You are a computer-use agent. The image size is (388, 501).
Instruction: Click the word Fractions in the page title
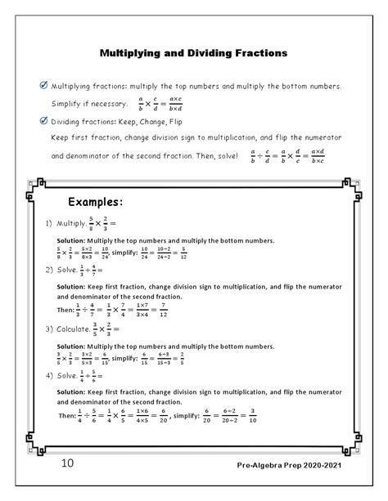pos(256,53)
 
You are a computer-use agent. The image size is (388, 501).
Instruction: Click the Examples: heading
pos(96,201)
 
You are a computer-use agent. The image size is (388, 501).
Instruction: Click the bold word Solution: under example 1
pos(74,240)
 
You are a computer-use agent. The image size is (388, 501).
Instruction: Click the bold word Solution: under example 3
pos(74,347)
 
